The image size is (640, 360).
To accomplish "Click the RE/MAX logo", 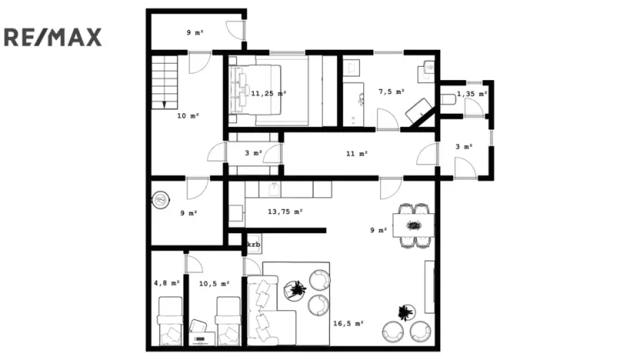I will [53, 36].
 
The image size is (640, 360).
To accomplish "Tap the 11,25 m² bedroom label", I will [268, 93].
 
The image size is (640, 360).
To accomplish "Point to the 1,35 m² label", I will [472, 94].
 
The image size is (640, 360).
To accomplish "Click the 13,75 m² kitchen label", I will [285, 211].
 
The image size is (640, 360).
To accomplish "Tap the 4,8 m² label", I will [167, 283].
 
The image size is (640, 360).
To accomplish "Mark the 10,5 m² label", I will [214, 283].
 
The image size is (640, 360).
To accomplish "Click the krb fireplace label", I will [254, 245].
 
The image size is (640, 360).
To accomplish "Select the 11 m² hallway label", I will [356, 154].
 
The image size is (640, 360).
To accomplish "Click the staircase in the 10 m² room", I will [165, 80].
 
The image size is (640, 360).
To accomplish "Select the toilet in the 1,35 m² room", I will [448, 98].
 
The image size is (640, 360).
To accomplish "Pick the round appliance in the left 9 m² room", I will [161, 200].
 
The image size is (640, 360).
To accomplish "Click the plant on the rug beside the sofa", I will [295, 290].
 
